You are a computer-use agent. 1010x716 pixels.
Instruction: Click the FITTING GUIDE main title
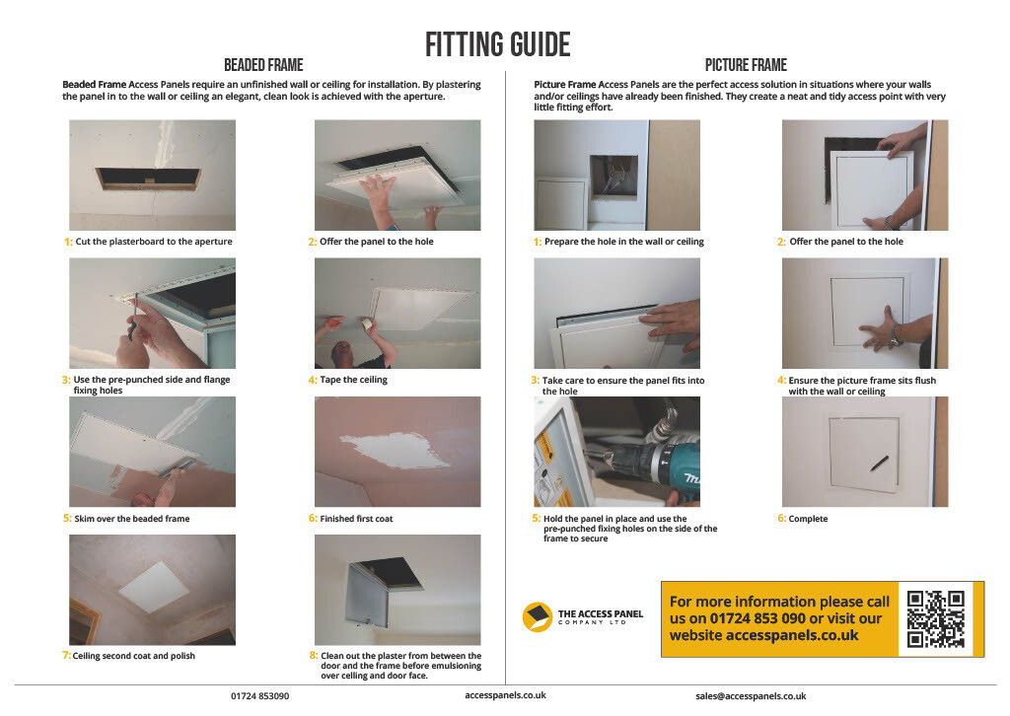[497, 44]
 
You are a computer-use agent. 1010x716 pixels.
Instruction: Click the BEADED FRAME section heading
[263, 65]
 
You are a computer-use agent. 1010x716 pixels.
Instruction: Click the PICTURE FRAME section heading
[745, 65]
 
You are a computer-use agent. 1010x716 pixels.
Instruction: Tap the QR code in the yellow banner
[935, 618]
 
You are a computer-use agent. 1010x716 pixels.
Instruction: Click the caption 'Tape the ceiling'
[353, 380]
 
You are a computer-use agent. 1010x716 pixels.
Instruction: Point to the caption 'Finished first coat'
[356, 519]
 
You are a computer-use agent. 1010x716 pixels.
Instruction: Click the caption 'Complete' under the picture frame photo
[808, 519]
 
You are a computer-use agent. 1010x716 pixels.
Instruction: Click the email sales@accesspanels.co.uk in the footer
[751, 695]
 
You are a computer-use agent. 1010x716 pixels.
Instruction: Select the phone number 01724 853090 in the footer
[260, 695]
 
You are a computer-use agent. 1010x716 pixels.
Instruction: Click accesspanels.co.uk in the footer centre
[505, 695]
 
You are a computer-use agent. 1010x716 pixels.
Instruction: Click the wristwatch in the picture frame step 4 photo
[897, 335]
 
